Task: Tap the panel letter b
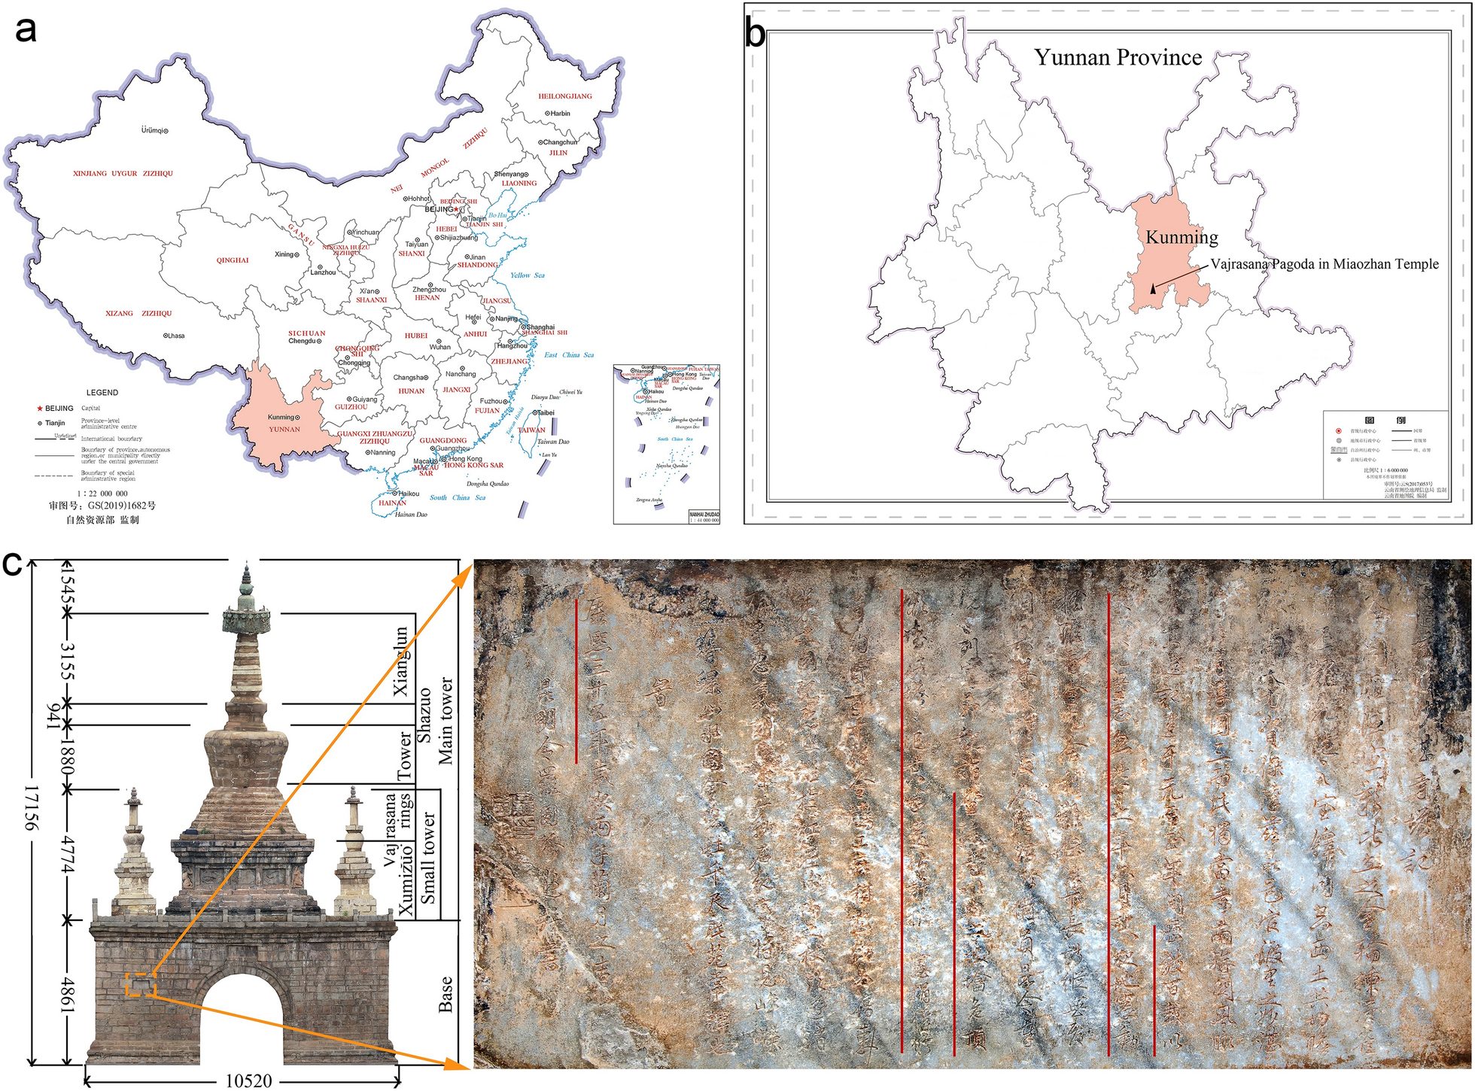(x=755, y=35)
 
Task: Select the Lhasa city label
(x=175, y=336)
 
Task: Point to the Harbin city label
(x=559, y=114)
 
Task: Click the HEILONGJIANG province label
(x=564, y=96)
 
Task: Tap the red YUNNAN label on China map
(x=284, y=430)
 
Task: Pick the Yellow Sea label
(x=527, y=275)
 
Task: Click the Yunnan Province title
(x=1118, y=57)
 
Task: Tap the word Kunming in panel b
(x=1182, y=237)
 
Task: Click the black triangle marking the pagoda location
(x=1153, y=287)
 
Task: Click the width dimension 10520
(x=249, y=1081)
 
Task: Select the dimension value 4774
(x=68, y=854)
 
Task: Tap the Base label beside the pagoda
(x=446, y=994)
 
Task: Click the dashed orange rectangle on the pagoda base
(x=141, y=984)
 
